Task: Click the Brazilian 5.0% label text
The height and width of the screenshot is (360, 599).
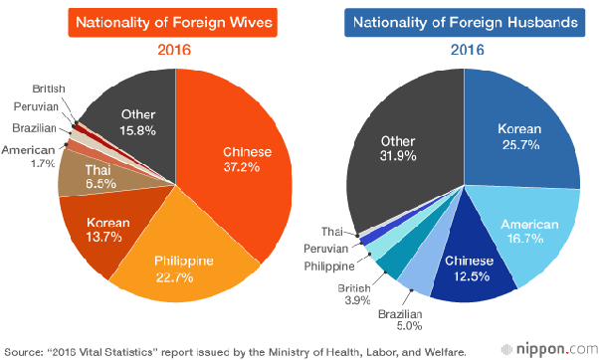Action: pyautogui.click(x=400, y=320)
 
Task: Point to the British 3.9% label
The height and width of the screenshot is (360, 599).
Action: pyautogui.click(x=354, y=294)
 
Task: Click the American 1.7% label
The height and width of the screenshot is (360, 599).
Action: pyautogui.click(x=28, y=156)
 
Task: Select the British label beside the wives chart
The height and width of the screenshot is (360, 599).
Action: pyautogui.click(x=49, y=89)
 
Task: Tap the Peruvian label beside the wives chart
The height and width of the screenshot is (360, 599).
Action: pyautogui.click(x=36, y=106)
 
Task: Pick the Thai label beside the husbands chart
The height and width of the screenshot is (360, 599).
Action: pyautogui.click(x=332, y=232)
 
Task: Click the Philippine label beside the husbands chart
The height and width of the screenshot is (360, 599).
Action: pyautogui.click(x=329, y=267)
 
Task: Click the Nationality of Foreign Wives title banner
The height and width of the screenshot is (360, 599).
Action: pyautogui.click(x=173, y=23)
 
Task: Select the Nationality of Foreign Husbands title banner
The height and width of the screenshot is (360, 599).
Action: pyautogui.click(x=465, y=23)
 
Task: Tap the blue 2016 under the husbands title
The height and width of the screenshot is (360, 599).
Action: pyautogui.click(x=468, y=50)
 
